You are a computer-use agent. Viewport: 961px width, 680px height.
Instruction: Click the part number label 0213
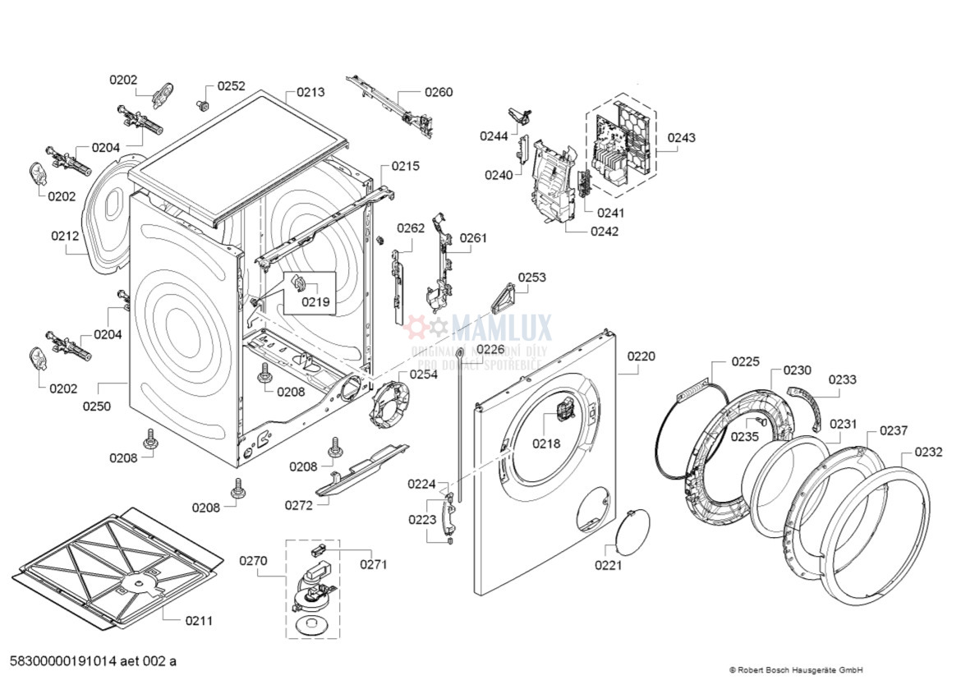pyautogui.click(x=310, y=92)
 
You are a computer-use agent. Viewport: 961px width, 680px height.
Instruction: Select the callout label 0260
pyautogui.click(x=439, y=92)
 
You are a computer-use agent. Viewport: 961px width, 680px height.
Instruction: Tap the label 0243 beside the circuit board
pyautogui.click(x=681, y=137)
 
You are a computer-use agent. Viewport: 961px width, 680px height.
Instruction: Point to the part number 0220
pyautogui.click(x=641, y=356)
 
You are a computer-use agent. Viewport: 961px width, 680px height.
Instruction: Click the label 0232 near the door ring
pyautogui.click(x=928, y=452)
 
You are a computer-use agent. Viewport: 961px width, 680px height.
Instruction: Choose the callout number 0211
pyautogui.click(x=199, y=620)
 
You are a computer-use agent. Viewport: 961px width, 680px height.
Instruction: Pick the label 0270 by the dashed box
pyautogui.click(x=254, y=561)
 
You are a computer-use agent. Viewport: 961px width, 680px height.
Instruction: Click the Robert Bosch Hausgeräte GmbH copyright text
pyautogui.click(x=795, y=669)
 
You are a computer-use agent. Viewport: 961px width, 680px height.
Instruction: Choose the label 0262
pyautogui.click(x=411, y=228)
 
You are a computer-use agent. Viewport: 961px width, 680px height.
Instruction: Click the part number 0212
pyautogui.click(x=65, y=237)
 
